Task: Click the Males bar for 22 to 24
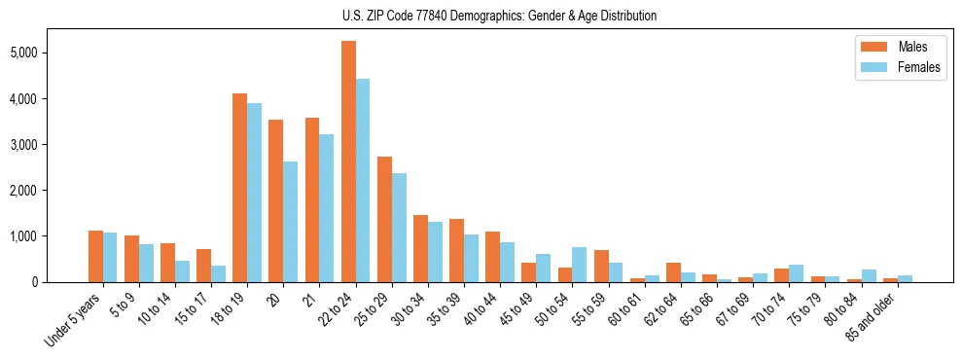pos(348,162)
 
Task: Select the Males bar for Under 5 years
pos(95,257)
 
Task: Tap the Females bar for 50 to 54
pos(580,265)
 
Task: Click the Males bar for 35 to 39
pos(457,251)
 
